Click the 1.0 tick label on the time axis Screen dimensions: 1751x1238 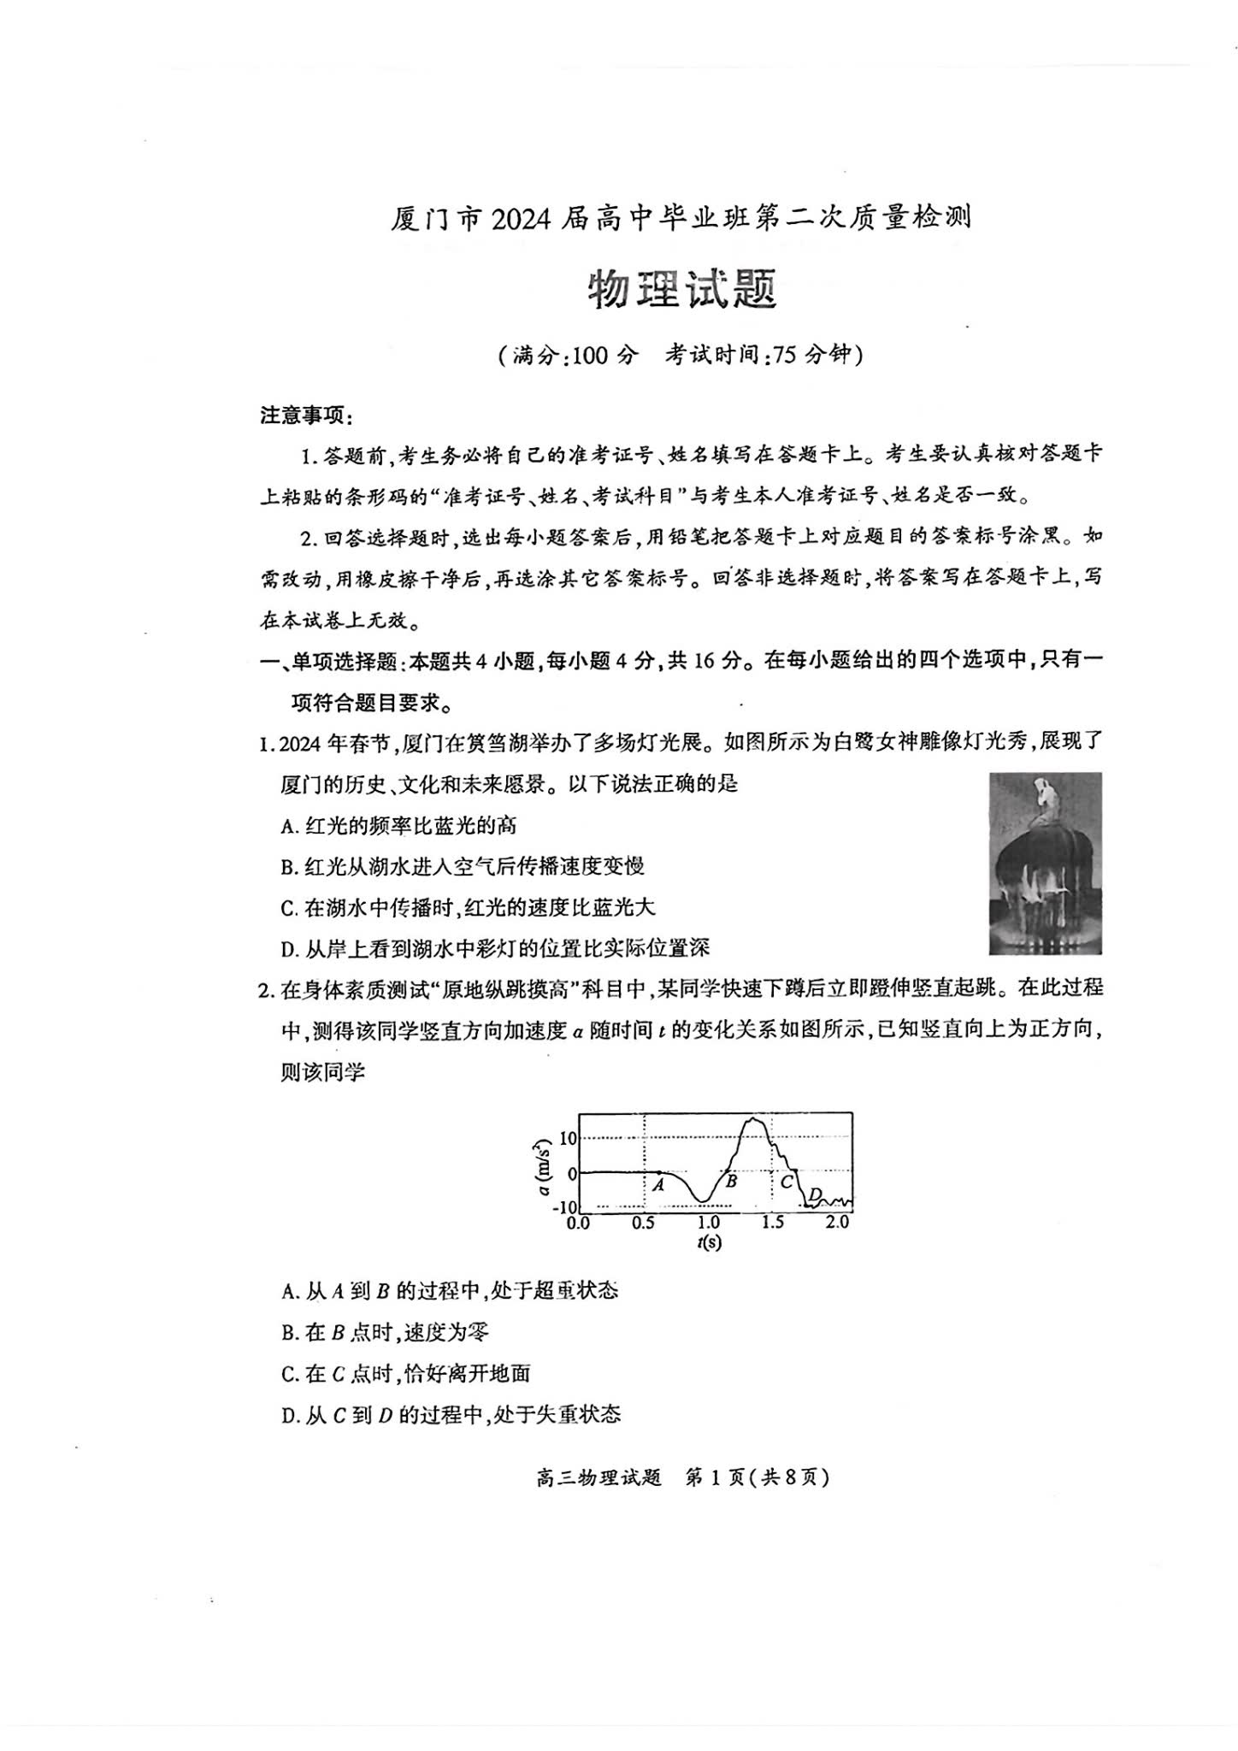708,1223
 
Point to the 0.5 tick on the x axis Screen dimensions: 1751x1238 644,1223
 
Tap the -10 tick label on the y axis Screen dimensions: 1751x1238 565,1207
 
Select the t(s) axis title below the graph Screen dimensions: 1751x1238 709,1242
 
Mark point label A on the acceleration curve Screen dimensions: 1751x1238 658,1185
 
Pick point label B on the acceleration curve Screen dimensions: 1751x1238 731,1181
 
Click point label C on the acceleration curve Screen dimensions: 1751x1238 787,1182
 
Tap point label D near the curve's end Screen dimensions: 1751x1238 815,1194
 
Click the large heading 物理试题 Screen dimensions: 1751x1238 681,290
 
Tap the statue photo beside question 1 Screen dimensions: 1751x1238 1045,863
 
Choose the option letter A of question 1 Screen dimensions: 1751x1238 287,826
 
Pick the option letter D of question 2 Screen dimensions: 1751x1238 288,1414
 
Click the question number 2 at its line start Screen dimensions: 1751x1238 264,990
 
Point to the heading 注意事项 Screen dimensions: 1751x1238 306,416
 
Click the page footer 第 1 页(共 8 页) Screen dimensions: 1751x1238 758,1477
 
